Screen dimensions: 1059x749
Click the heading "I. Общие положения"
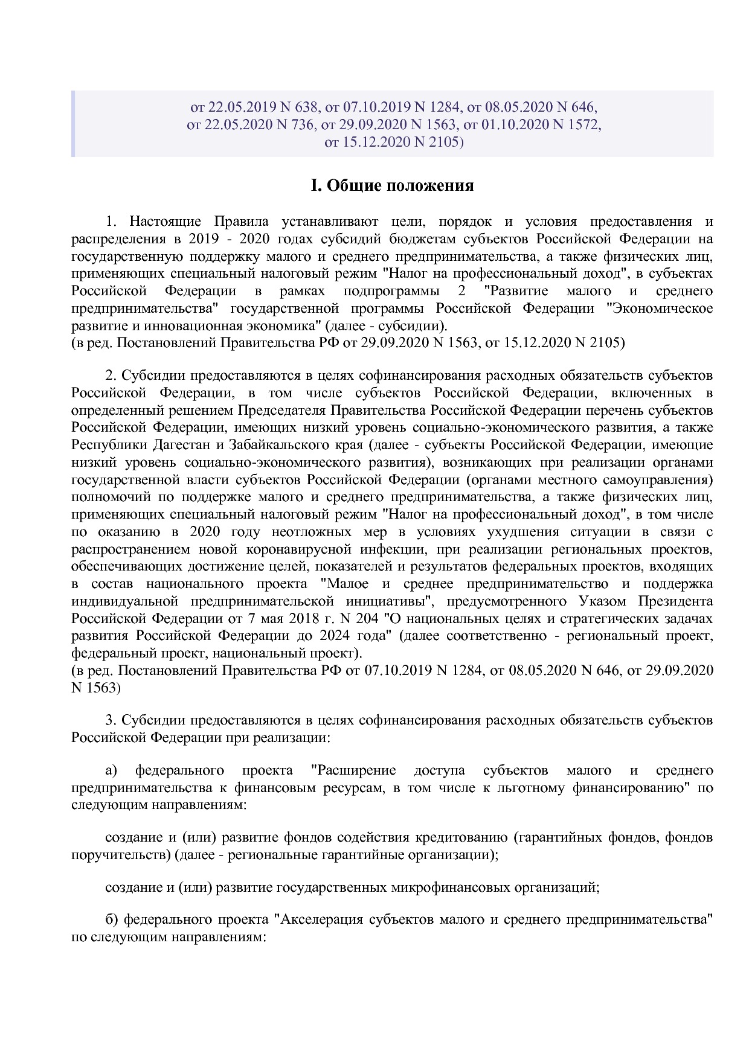[x=391, y=185]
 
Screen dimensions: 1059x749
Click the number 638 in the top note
[x=306, y=107]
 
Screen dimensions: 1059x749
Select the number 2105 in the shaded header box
[x=443, y=142]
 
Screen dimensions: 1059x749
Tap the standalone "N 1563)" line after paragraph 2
[x=96, y=688]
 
